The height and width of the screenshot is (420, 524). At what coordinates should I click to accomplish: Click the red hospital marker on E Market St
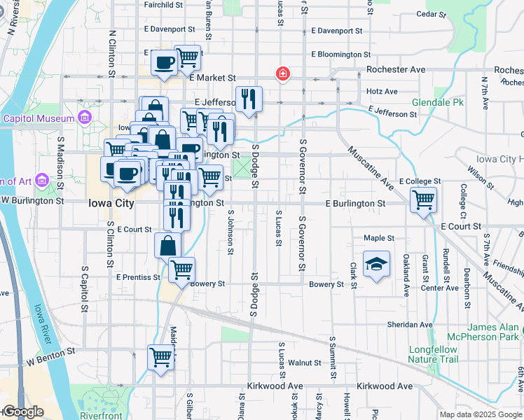[282, 73]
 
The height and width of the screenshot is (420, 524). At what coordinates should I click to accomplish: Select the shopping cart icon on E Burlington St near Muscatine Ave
[423, 200]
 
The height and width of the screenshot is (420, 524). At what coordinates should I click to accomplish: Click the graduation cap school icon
[376, 263]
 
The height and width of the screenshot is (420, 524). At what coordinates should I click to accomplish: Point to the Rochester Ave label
[397, 70]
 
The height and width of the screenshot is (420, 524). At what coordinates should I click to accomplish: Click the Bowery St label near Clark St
[326, 284]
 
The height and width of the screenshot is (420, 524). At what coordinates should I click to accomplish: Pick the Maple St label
[379, 238]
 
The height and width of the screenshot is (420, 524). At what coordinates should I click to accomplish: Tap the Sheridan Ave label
[411, 325]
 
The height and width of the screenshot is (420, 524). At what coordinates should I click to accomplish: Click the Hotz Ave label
[382, 91]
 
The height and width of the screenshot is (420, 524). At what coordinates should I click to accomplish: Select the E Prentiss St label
[138, 277]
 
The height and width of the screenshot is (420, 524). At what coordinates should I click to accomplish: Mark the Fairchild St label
[163, 4]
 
